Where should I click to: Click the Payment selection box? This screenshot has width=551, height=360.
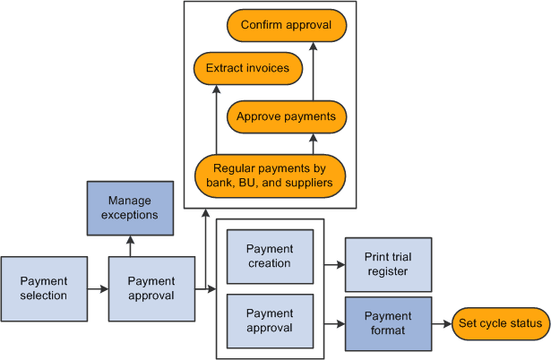tap(45, 288)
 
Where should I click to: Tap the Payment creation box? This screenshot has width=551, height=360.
tap(270, 256)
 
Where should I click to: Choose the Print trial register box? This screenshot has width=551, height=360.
tap(388, 264)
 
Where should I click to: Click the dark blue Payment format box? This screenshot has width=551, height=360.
tap(388, 323)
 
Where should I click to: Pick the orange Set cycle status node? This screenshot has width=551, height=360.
tap(501, 323)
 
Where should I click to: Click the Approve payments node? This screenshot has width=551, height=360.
tap(287, 116)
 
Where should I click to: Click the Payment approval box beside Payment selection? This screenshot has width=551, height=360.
tap(151, 288)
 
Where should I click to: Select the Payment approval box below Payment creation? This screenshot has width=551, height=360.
tap(270, 321)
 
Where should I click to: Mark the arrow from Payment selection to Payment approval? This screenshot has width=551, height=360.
tap(99, 288)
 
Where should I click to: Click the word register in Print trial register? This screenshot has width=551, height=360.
tap(388, 271)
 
